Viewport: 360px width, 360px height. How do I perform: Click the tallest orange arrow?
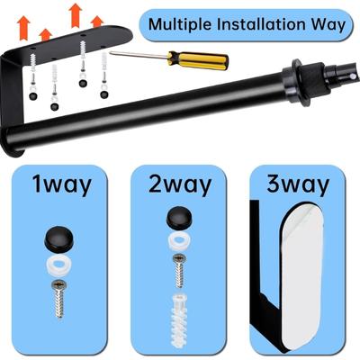[x=76, y=15]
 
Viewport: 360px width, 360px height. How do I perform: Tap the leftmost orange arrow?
[x=23, y=29]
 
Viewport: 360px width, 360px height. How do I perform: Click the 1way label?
[x=62, y=184]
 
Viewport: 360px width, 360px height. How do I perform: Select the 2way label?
[x=180, y=184]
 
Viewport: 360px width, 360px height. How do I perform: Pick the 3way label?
[x=298, y=184]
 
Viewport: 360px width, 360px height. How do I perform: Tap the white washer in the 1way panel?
[x=58, y=263]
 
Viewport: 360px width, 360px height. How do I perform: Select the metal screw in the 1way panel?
[x=59, y=299]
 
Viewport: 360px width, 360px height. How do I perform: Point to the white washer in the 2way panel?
[x=179, y=241]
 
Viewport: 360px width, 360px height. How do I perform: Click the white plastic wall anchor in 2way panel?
[x=179, y=320]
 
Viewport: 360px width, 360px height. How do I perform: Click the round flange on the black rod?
[x=295, y=83]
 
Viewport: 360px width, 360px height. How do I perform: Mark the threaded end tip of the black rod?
[x=356, y=77]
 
